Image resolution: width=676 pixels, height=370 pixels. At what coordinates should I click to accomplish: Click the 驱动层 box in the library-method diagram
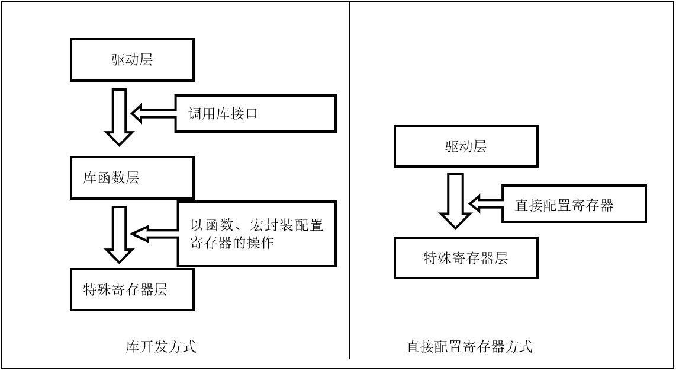tap(132, 60)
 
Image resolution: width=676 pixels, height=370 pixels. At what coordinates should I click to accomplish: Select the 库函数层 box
tap(132, 178)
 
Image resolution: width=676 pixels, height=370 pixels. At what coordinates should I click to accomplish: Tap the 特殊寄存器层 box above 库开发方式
tap(132, 289)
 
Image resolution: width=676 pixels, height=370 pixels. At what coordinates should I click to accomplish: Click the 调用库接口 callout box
tap(256, 114)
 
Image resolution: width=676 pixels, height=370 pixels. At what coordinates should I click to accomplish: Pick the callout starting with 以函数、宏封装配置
tap(256, 234)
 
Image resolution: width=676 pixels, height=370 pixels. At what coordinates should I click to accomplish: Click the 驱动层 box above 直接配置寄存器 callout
tap(466, 146)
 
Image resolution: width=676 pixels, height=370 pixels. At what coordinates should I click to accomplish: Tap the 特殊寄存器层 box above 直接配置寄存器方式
tap(466, 258)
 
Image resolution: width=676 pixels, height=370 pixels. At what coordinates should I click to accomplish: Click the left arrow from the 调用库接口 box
tap(153, 113)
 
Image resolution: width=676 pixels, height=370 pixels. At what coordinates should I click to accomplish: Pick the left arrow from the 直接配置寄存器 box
tap(485, 204)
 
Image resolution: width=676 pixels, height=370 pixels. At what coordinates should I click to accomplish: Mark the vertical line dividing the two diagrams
tap(350, 178)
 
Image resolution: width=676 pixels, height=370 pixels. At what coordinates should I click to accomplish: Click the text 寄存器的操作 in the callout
tap(232, 243)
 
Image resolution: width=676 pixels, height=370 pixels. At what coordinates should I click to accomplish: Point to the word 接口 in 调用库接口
tap(246, 114)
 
